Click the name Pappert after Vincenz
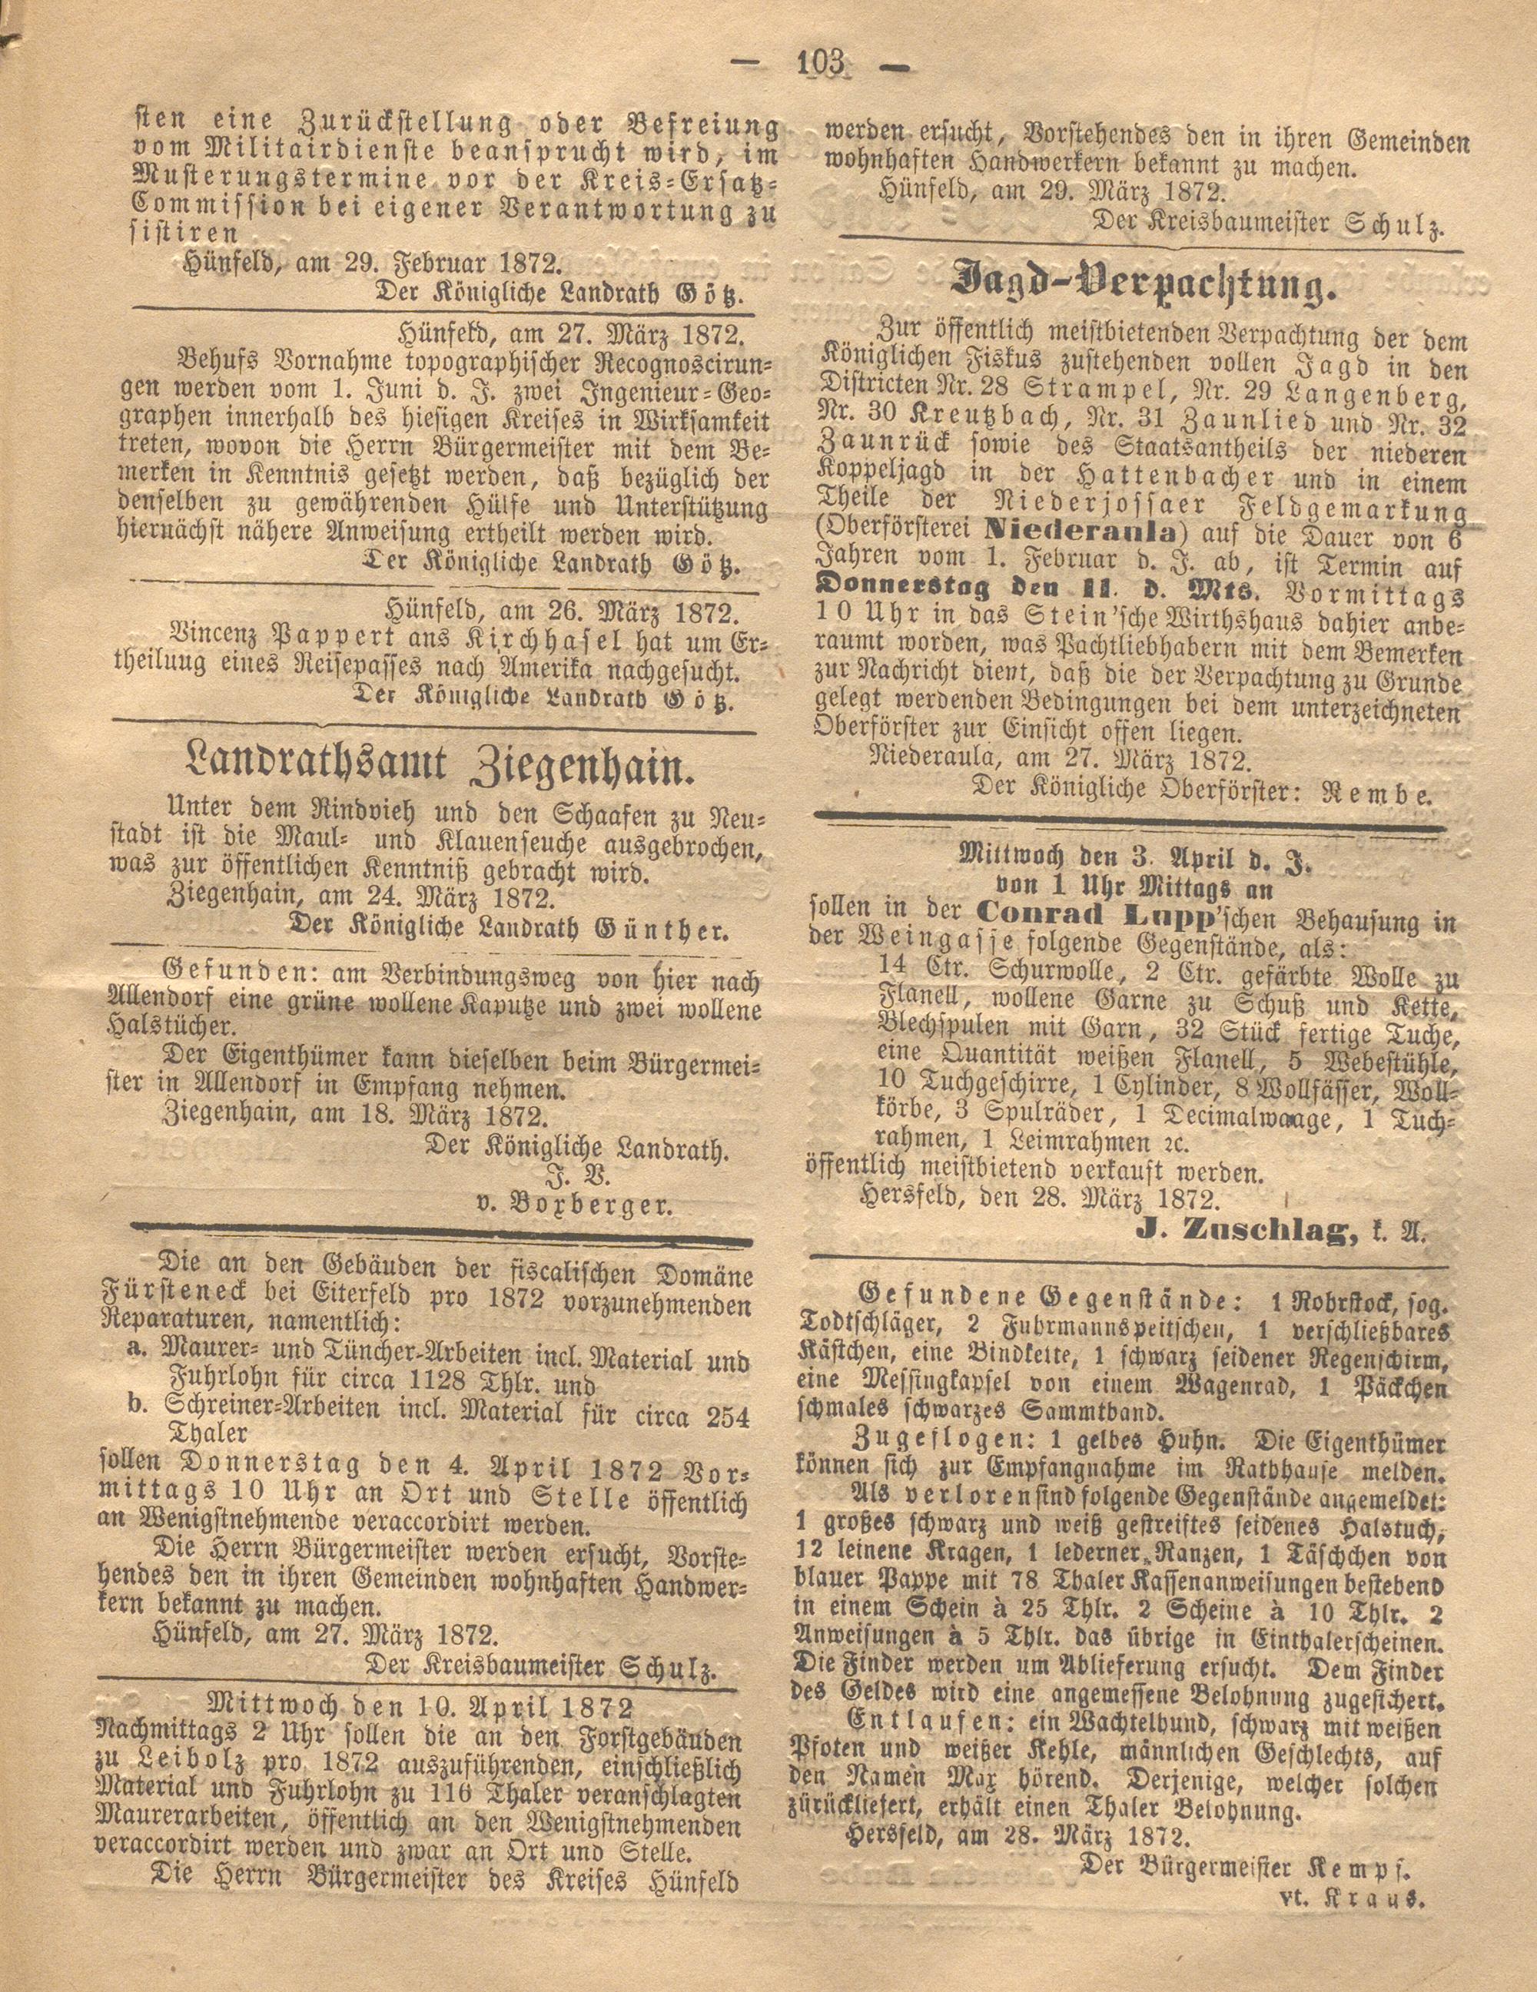318,643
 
